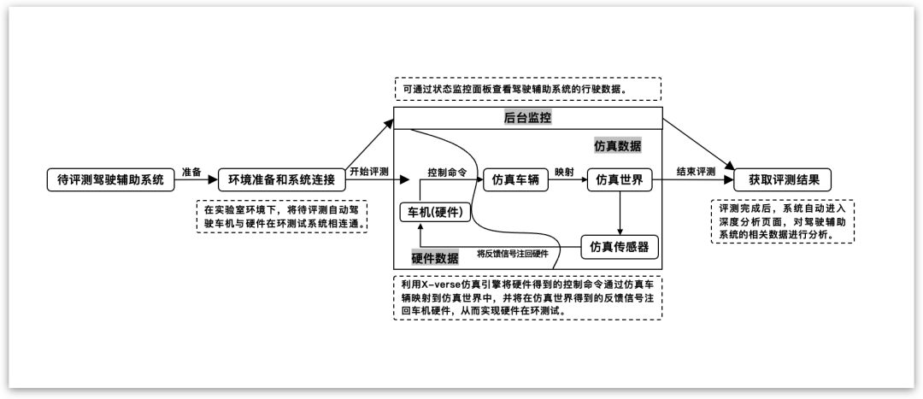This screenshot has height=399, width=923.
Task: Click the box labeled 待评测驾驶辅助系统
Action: coord(109,180)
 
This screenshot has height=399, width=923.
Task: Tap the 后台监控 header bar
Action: coord(527,118)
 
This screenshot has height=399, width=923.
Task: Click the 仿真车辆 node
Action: coord(515,180)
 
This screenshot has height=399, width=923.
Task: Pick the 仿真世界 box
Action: coord(620,180)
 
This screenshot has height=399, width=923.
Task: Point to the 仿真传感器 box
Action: coord(620,248)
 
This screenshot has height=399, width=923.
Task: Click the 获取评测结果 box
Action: coord(782,180)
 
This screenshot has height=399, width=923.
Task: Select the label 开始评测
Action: coord(369,172)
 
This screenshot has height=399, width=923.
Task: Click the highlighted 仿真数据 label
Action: coord(618,146)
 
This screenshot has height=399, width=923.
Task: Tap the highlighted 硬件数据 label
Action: coord(434,258)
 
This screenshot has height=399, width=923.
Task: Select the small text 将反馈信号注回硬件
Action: coord(512,254)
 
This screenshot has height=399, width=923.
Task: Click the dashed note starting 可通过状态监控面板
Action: coord(527,89)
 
